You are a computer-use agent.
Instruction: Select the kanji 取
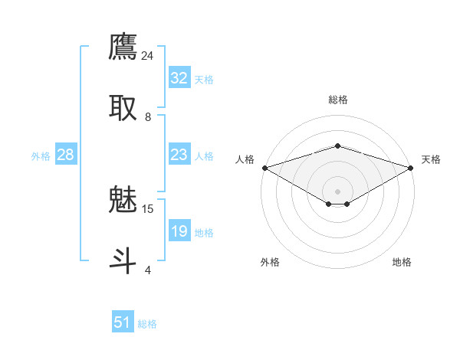coord(123,107)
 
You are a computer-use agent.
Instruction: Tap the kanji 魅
coord(123,200)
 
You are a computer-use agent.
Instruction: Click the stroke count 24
coord(148,56)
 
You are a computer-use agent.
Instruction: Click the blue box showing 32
coord(179,78)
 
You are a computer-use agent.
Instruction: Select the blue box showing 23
coord(179,155)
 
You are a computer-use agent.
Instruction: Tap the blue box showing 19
coord(179,231)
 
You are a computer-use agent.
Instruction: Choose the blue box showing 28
coord(65,155)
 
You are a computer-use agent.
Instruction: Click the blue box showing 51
coord(123,322)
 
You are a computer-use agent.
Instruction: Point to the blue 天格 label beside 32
coord(203,80)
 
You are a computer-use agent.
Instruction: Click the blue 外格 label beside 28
coord(41,156)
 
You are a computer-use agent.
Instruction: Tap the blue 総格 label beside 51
coord(147,324)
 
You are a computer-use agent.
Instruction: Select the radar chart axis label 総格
coord(337,100)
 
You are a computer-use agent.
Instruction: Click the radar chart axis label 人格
coord(245,159)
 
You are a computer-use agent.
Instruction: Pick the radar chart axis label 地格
coord(402,262)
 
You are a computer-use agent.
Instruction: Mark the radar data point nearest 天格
coord(412,167)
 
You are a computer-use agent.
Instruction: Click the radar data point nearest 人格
coord(264,167)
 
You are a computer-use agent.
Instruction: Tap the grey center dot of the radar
coord(337,191)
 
